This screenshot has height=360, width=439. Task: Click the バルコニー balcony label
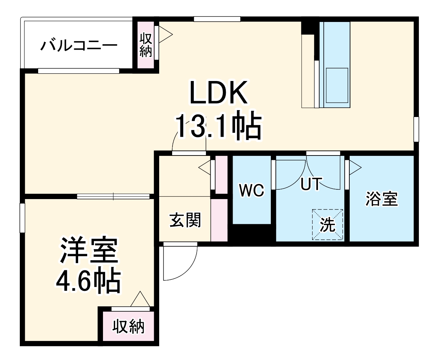click(x=79, y=46)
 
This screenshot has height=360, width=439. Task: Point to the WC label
click(x=252, y=190)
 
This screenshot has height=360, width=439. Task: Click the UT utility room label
click(x=310, y=184)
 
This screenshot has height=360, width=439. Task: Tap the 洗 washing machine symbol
click(x=328, y=225)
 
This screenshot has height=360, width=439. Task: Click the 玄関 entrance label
click(x=185, y=220)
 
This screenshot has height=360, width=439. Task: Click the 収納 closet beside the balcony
click(x=145, y=45)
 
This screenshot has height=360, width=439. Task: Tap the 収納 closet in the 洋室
click(x=128, y=327)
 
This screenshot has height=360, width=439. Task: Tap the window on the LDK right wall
click(x=416, y=129)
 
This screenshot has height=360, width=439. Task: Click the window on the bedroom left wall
click(x=22, y=218)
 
